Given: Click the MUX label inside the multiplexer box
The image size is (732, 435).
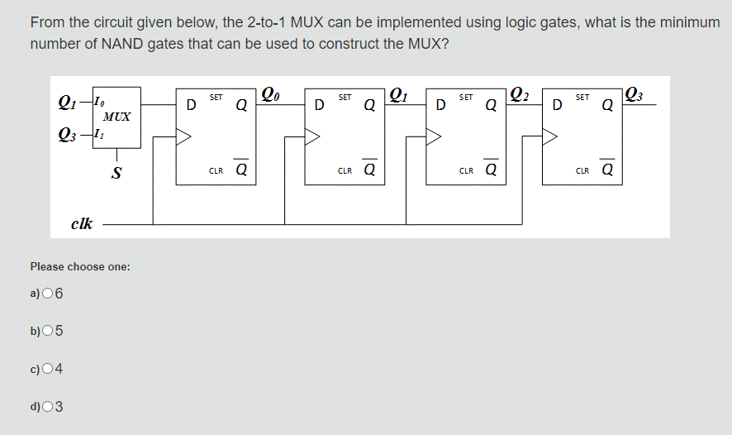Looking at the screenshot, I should coord(117,117).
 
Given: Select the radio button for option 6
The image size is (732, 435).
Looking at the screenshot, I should coord(46,293).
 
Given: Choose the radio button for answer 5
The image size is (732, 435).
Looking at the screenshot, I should coord(46,331).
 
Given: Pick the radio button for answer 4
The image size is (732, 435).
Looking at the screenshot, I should coord(46,368).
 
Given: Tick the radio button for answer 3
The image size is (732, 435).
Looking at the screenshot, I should coord(46,406).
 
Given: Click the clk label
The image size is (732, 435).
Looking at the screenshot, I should coord(82,223).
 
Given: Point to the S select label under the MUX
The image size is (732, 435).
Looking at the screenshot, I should coord(117,172).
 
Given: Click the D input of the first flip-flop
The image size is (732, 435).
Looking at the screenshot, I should coord(191,105).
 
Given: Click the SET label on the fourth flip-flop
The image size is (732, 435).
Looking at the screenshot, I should coord(582,98).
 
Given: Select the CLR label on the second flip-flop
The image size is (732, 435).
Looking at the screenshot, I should coord(345,171).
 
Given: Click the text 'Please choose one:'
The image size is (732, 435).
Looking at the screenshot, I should coord(80,266).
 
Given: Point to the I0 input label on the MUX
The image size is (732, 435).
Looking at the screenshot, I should coord(99,103).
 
